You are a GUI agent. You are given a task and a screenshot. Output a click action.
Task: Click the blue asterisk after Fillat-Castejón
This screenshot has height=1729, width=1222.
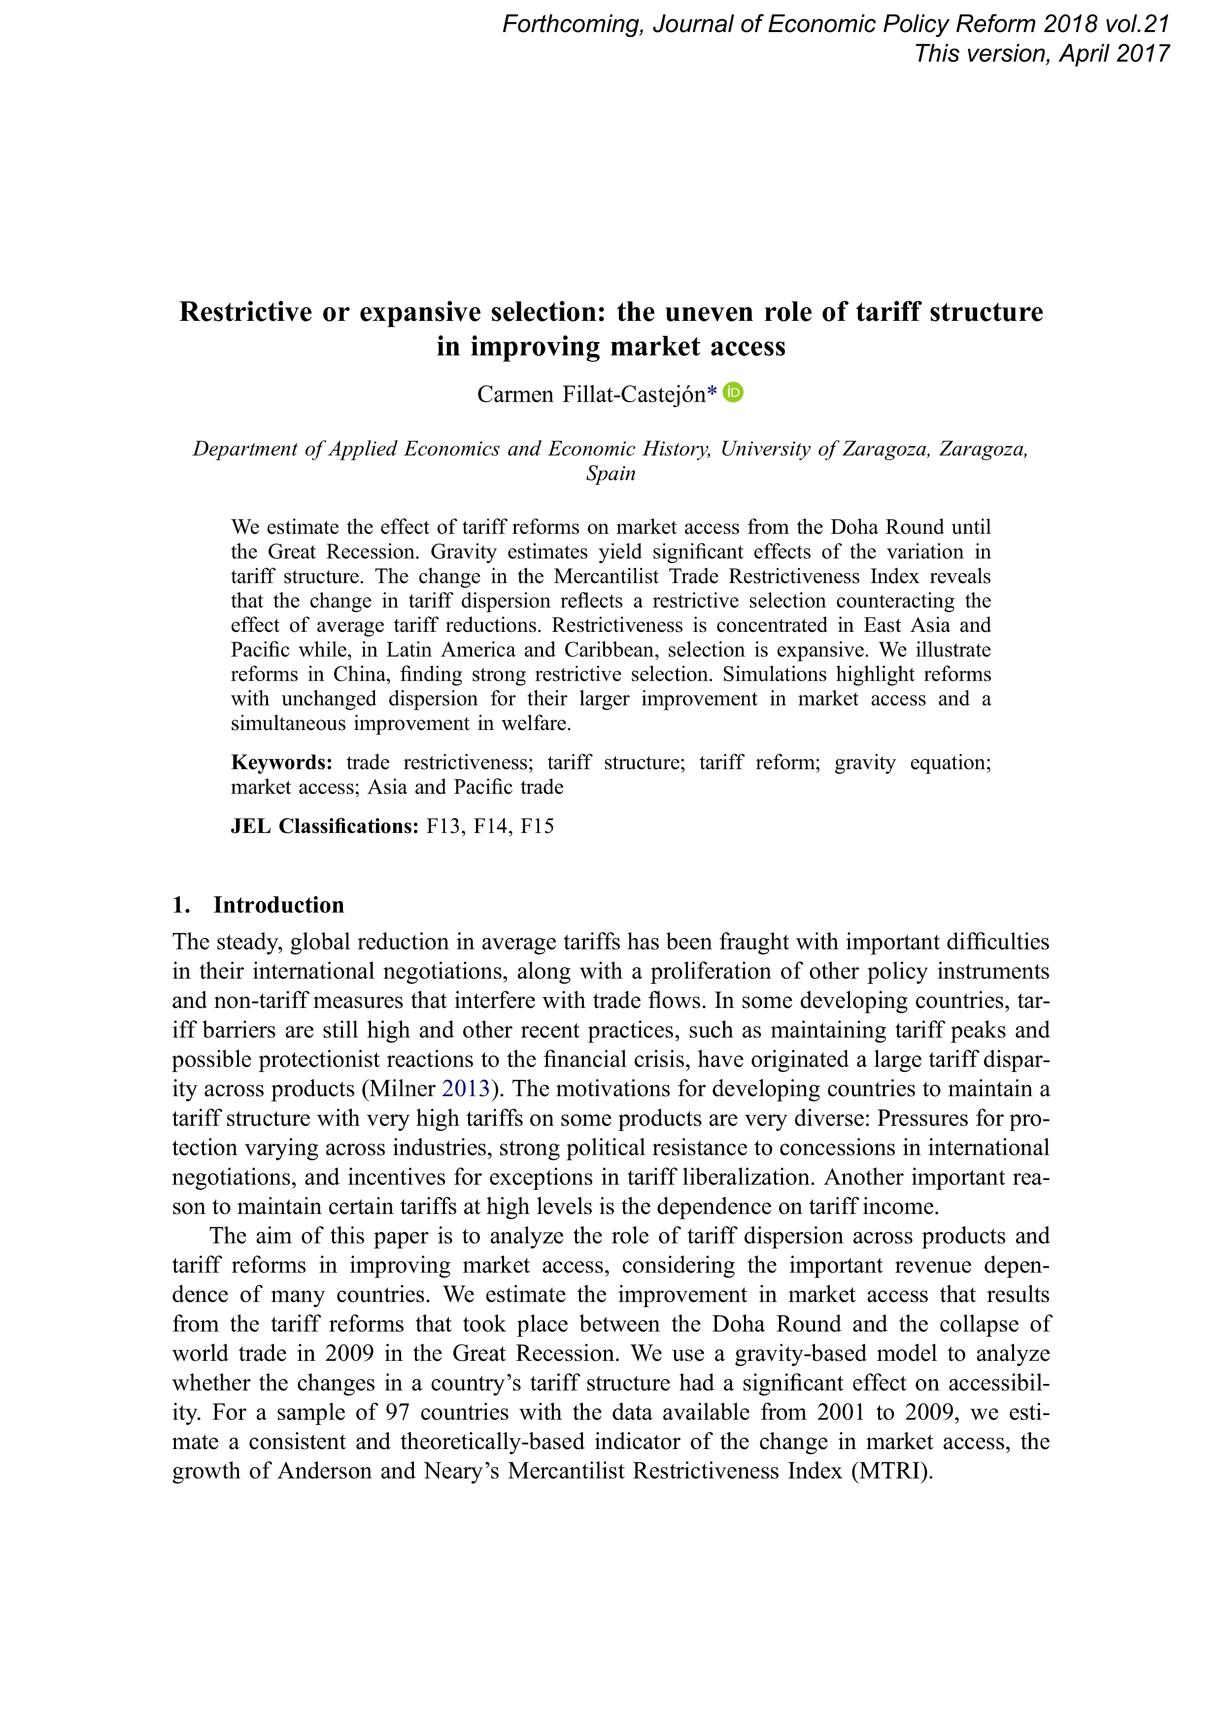(713, 394)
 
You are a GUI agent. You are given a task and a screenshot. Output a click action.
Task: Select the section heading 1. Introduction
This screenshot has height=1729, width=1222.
(258, 904)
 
